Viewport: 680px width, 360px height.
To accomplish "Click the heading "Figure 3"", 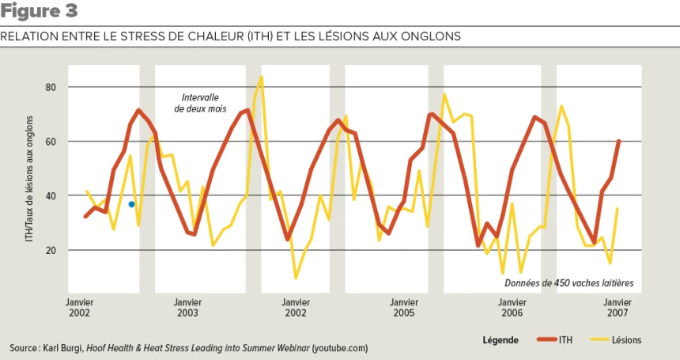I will coord(40,12).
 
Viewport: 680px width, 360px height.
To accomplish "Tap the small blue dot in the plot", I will coord(131,204).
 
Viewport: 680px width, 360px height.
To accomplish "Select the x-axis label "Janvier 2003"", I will coord(187,307).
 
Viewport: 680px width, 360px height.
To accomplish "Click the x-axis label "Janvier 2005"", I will coord(403,307).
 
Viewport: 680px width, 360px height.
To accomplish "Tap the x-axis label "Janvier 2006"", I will coord(511,307).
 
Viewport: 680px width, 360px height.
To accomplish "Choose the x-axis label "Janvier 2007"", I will coord(618,307).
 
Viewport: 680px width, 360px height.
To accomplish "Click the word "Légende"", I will coord(500,340).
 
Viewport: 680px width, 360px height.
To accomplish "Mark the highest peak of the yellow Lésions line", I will coord(261,78).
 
